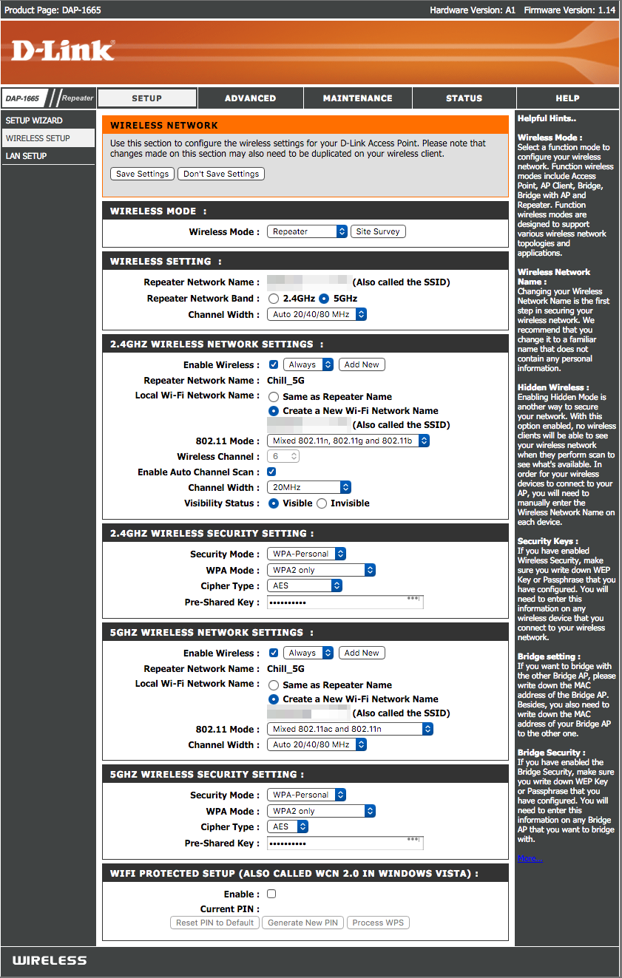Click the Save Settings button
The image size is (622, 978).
[143, 174]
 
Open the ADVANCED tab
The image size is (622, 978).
[250, 98]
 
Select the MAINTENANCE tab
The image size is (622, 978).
[357, 98]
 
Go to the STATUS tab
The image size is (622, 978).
[464, 98]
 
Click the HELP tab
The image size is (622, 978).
[567, 98]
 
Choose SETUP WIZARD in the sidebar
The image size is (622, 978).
[34, 120]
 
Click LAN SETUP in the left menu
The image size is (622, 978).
[26, 156]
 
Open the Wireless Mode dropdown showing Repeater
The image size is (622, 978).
[307, 231]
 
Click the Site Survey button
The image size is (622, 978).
[378, 231]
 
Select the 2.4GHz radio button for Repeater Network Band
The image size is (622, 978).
[274, 299]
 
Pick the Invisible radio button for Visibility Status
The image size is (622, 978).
[321, 503]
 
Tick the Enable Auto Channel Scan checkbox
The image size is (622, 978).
[271, 472]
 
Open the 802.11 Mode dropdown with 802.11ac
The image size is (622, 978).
[350, 729]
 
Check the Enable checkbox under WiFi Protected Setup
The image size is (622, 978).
[271, 894]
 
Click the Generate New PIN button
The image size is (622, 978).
[302, 923]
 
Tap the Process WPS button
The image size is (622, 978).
[378, 923]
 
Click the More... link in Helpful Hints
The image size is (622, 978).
[530, 858]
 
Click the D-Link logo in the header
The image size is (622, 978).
[63, 50]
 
